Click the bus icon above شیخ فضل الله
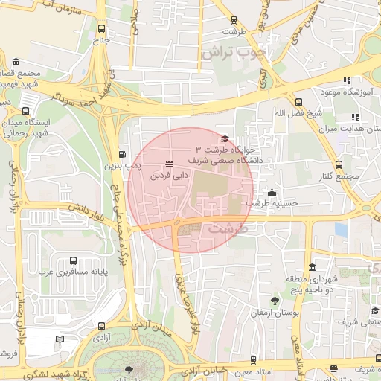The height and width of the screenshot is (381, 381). (x=298, y=102)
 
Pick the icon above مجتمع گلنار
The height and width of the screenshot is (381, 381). (x=339, y=164)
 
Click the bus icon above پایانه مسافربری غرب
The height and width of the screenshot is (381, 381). (x=73, y=261)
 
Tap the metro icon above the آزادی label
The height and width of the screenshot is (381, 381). (x=101, y=325)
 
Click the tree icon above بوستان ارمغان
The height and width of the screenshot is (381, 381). (x=275, y=301)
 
